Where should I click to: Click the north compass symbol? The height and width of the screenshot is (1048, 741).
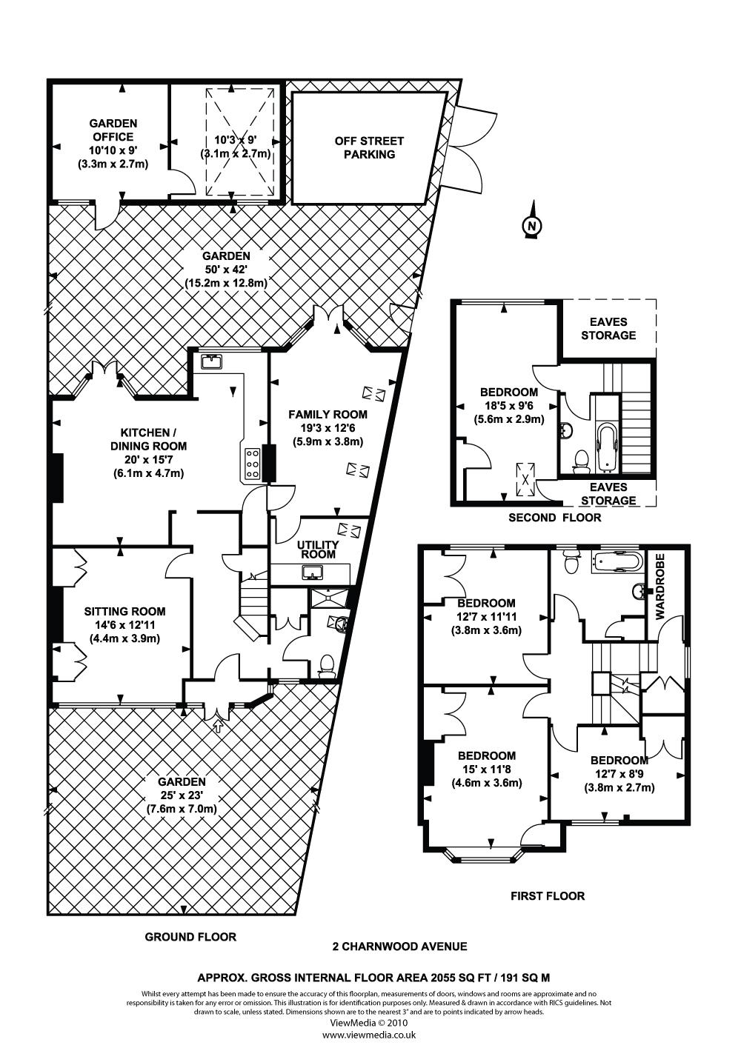point(531,225)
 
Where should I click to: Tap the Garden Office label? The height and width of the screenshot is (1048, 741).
point(113,130)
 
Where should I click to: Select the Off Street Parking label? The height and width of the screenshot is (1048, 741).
point(369,147)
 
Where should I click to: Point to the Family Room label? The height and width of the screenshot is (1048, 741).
point(328,415)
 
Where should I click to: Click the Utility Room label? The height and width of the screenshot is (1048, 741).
point(318,549)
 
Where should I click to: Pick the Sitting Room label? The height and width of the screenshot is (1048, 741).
point(124,612)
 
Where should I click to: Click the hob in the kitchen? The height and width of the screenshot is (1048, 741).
point(251,464)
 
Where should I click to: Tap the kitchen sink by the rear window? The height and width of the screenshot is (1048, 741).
point(211,361)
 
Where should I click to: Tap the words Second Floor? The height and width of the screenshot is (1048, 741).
point(554,518)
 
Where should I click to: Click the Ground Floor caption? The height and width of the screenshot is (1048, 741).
point(190,937)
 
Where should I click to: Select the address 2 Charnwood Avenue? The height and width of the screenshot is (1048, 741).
point(399,946)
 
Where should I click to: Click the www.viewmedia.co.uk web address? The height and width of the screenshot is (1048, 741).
point(369,1035)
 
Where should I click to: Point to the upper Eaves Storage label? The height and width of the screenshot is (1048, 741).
point(608,328)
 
